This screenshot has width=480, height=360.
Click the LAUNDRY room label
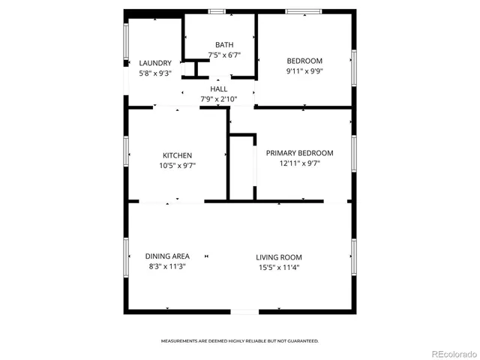(x=155, y=63)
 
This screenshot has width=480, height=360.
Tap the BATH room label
(x=224, y=44)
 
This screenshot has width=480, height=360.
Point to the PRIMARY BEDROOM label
(x=300, y=153)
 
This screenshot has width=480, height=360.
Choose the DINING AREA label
(x=167, y=256)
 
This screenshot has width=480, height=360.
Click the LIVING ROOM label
(x=279, y=256)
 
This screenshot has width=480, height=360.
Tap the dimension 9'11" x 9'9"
(x=304, y=72)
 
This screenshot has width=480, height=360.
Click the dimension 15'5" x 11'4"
(x=279, y=267)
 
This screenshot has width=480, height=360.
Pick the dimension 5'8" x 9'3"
(x=155, y=73)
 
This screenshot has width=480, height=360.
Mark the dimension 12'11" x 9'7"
(x=300, y=163)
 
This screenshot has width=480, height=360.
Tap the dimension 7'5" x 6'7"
(x=224, y=54)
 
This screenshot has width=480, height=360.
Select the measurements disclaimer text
(x=240, y=340)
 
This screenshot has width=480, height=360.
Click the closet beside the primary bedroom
(x=241, y=168)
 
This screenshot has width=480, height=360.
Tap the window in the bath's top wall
(x=217, y=10)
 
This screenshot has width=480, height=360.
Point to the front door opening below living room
(x=244, y=311)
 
